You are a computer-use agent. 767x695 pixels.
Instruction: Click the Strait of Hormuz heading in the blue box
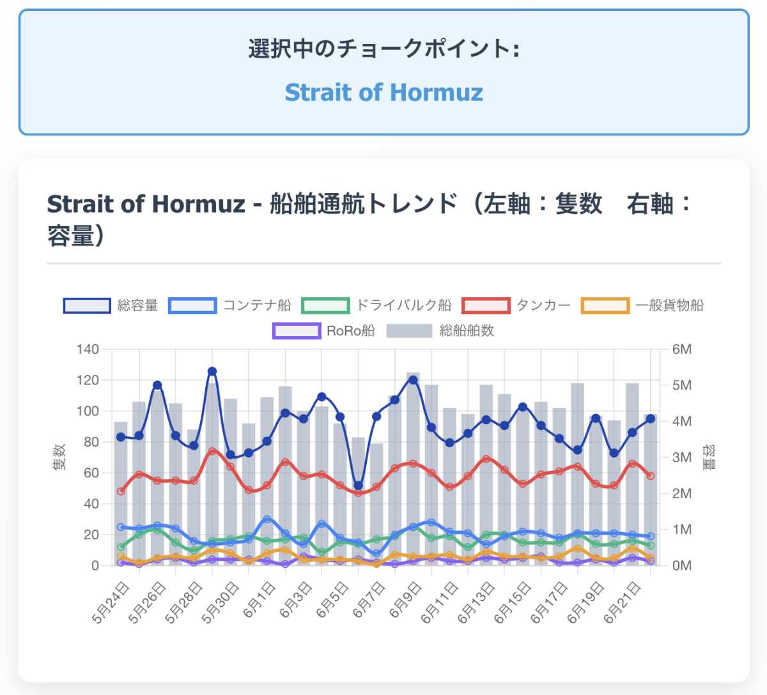pos(383,93)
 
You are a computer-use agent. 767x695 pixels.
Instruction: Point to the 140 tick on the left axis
pos(88,349)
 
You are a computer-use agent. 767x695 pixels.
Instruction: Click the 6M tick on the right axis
pos(682,349)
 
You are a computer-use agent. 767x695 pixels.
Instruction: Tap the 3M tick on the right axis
pos(682,457)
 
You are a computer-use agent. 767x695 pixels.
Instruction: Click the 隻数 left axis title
pos(59,457)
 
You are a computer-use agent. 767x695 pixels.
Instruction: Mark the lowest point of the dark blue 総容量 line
pos(359,485)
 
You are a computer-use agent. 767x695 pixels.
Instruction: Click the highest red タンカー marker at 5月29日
pos(212,452)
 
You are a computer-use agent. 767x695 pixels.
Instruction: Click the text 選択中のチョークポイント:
pos(383,49)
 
